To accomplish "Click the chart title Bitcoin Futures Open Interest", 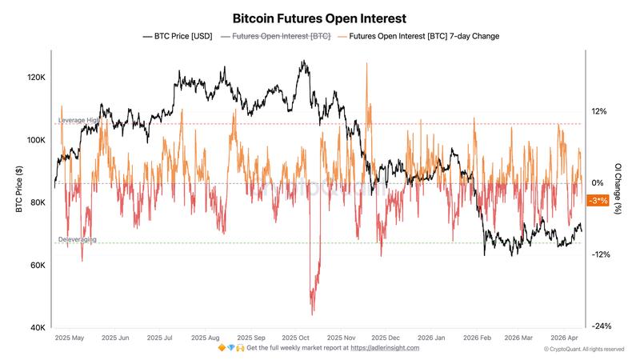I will click(x=319, y=17).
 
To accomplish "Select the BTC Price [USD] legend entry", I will click(x=177, y=36).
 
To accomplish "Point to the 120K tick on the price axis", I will click(x=36, y=78).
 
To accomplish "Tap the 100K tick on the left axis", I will click(x=36, y=140).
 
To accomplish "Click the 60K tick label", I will click(x=38, y=266).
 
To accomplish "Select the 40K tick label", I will click(x=38, y=328).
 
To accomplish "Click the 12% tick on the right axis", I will click(x=599, y=112).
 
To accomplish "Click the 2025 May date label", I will click(x=69, y=338).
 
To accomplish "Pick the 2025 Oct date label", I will click(x=302, y=338).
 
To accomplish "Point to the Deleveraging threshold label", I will click(x=78, y=239).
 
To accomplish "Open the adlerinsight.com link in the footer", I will click(x=385, y=348).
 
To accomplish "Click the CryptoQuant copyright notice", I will click(x=584, y=350).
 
